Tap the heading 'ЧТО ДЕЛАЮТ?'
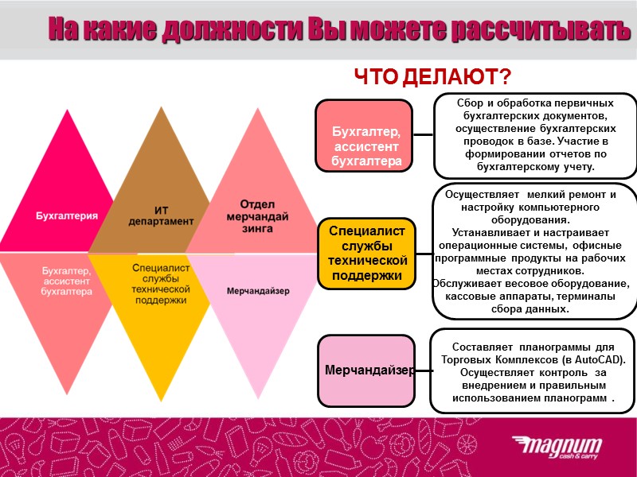[432, 77]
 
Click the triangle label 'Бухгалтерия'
[67, 215]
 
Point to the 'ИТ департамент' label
[161, 215]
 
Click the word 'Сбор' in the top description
[471, 103]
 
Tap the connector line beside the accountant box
[423, 136]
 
